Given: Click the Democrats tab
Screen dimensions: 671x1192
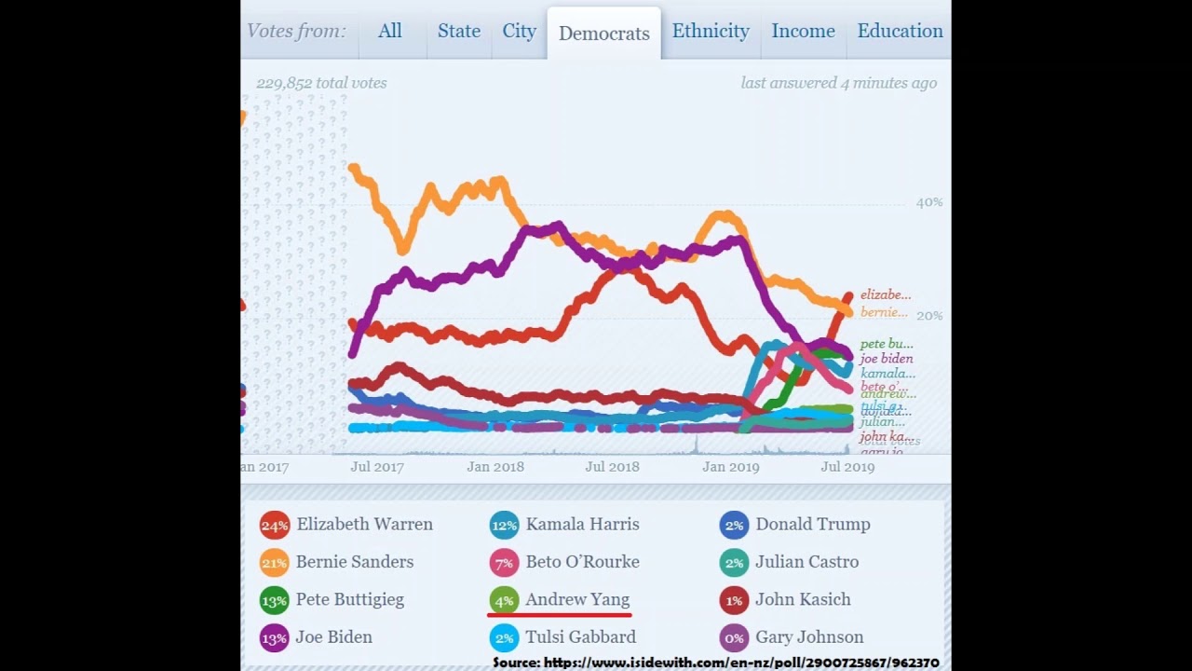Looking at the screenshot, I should click(x=603, y=34).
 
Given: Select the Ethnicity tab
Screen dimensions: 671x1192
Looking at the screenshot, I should click(x=711, y=31).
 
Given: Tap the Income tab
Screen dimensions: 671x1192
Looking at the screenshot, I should click(x=803, y=31).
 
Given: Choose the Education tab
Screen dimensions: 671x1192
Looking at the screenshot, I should click(x=900, y=31).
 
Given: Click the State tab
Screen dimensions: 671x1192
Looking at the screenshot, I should click(x=459, y=31).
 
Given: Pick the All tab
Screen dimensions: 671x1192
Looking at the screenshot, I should click(x=390, y=31).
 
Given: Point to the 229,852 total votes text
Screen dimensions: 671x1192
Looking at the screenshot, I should click(x=321, y=83).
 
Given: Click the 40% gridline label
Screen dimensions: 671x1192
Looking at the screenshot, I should click(x=928, y=202).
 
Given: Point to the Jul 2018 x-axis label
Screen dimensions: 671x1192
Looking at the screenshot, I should click(x=612, y=467).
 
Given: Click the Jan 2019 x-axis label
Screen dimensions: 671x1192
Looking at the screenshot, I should click(x=731, y=467).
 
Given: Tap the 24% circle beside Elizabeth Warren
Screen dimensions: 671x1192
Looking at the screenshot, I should click(x=275, y=526).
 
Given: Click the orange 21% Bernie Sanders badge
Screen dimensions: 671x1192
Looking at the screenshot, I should click(x=275, y=563).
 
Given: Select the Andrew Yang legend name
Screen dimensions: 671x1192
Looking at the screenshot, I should click(x=577, y=599).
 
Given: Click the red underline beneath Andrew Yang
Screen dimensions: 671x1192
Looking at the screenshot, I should click(x=559, y=615).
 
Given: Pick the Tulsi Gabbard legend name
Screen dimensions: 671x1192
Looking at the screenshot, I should click(x=580, y=637).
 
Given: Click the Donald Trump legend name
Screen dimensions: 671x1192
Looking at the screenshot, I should click(x=812, y=525).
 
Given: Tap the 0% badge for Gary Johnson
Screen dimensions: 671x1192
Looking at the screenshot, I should click(x=734, y=638).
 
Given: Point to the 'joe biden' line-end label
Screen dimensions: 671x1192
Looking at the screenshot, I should click(x=886, y=359).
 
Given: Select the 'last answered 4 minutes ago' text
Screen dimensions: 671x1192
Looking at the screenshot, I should click(x=838, y=83).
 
